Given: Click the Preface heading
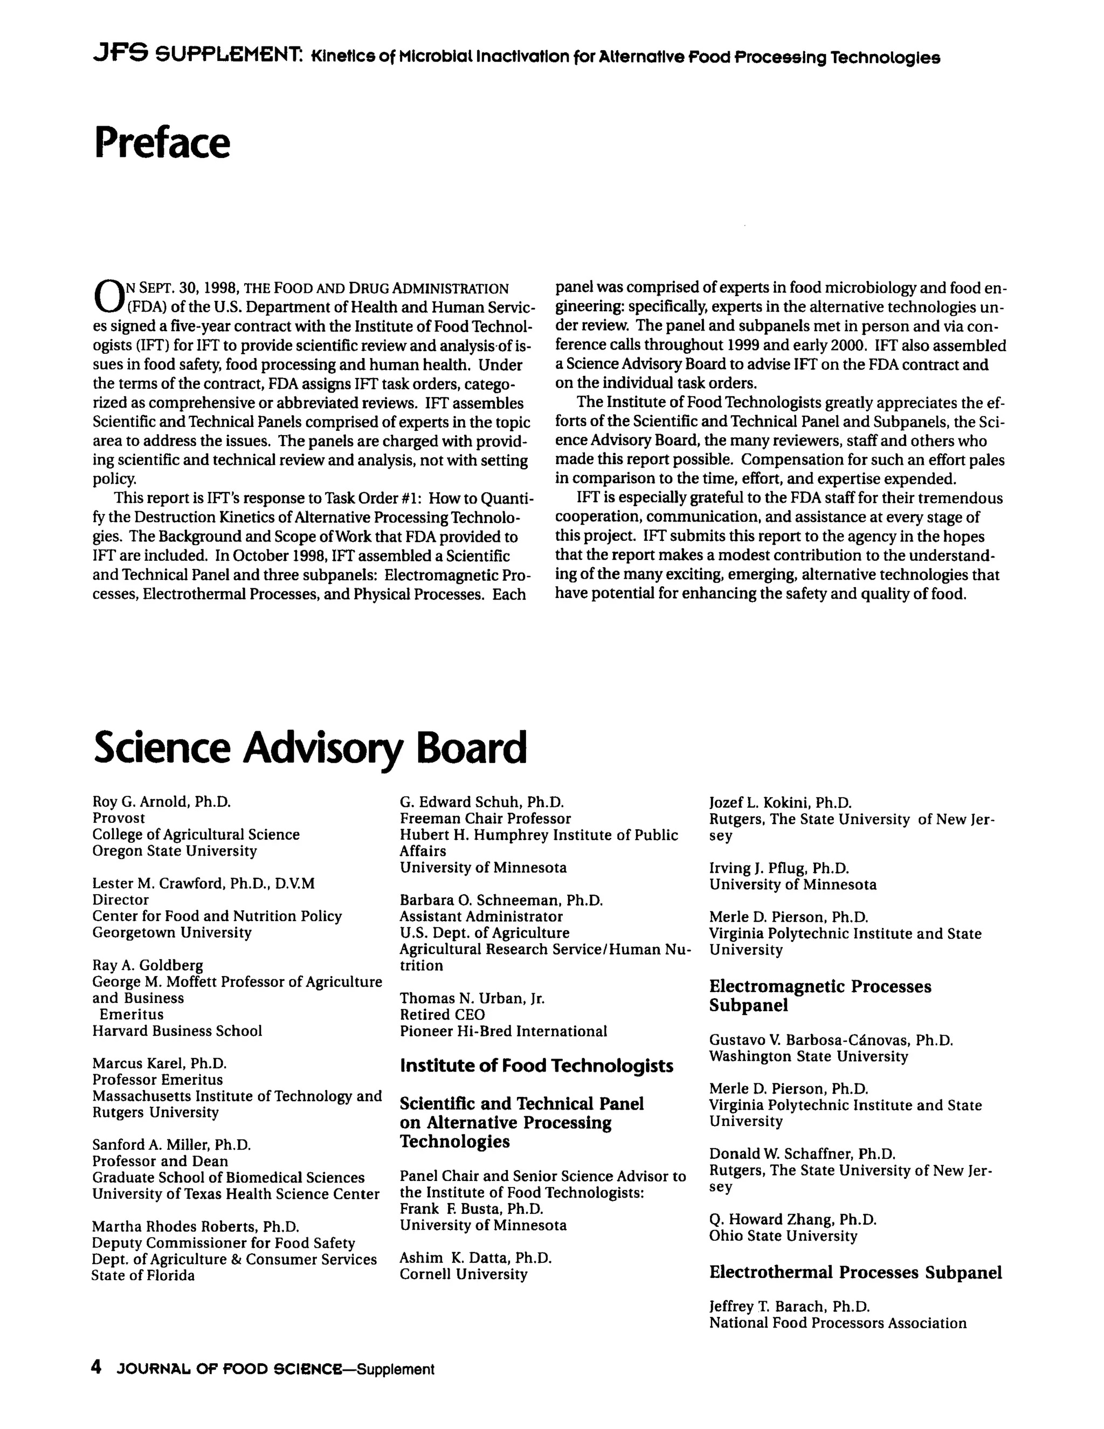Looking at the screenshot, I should pyautogui.click(x=162, y=143).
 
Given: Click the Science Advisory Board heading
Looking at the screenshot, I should pyautogui.click(x=309, y=747).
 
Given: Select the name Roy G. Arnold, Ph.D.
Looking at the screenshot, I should pyautogui.click(x=162, y=801).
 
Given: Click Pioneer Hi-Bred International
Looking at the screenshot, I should pyautogui.click(x=503, y=1031).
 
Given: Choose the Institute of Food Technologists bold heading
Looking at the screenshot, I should pyautogui.click(x=536, y=1066).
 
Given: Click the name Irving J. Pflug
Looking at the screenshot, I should pyautogui.click(x=778, y=868).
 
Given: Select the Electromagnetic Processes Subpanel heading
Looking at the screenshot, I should pyautogui.click(x=819, y=995).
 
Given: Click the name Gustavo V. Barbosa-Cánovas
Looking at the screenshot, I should pyautogui.click(x=831, y=1040).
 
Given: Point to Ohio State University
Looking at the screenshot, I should pyautogui.click(x=783, y=1236).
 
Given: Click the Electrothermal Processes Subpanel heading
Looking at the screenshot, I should pyautogui.click(x=855, y=1273).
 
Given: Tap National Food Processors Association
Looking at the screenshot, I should pyautogui.click(x=837, y=1323).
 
